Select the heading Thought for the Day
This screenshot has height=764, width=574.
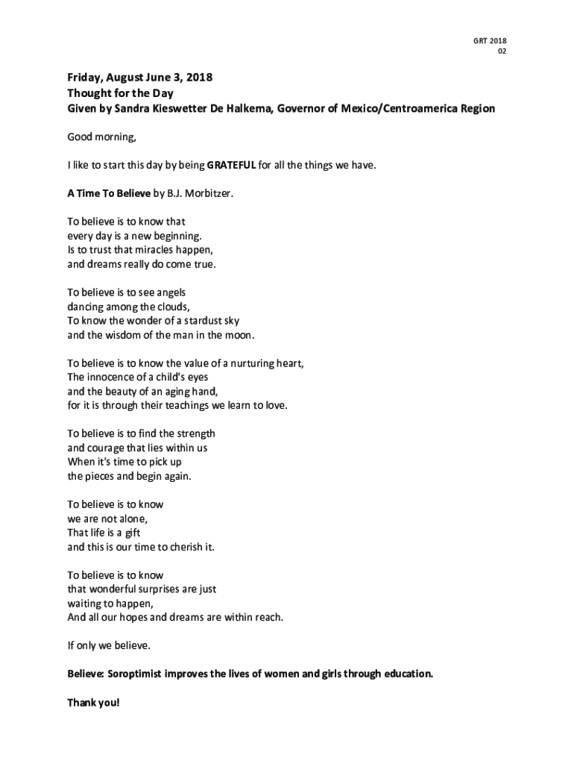coord(120,93)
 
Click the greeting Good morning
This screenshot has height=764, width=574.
coord(102,137)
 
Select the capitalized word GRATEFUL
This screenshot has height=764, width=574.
coord(231,165)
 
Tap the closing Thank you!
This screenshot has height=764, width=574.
coord(93,703)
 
